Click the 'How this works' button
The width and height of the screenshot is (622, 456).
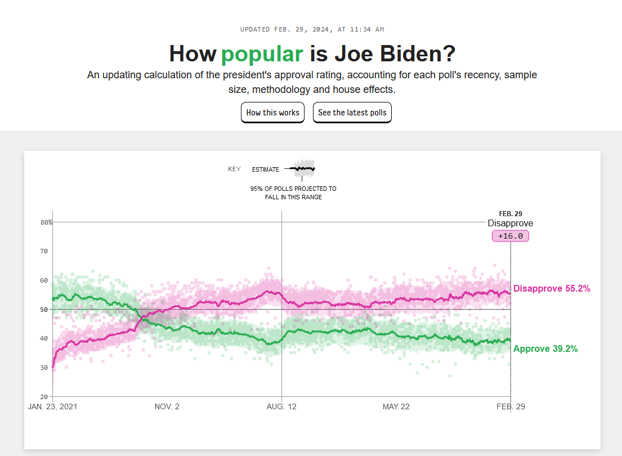272,113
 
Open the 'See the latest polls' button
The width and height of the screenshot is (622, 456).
352,113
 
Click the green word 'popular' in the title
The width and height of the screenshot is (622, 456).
262,54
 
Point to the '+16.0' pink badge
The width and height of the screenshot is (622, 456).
511,236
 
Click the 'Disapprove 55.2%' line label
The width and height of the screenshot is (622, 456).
552,288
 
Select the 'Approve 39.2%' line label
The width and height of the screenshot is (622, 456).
545,348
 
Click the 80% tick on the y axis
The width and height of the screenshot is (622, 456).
46,222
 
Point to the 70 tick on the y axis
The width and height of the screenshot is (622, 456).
44,251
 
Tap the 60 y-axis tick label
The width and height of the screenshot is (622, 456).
44,280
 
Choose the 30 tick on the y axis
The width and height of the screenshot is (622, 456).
44,368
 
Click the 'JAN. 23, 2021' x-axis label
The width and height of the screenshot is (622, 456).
52,406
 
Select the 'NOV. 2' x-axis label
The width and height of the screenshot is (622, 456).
167,406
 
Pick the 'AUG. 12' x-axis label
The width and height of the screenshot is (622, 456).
281,406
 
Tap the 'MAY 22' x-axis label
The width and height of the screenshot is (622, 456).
396,406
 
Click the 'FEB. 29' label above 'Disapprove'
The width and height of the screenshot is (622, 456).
511,213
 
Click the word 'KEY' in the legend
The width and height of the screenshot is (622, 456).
234,169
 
